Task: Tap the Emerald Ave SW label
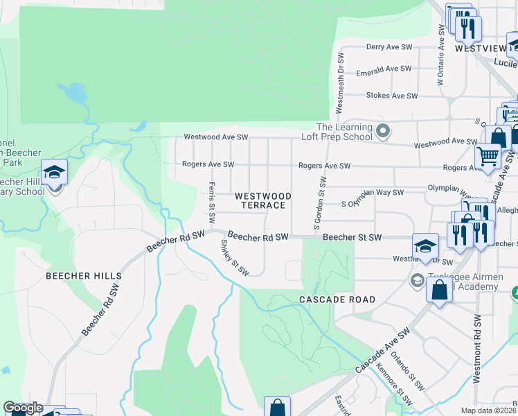[383, 69]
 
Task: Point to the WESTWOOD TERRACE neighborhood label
[260, 201]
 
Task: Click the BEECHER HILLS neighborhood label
[84, 276]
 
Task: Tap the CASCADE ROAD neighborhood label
[337, 300]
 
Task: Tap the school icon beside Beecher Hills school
[54, 172]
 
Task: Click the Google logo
[23, 408]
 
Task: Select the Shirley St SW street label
[234, 257]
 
